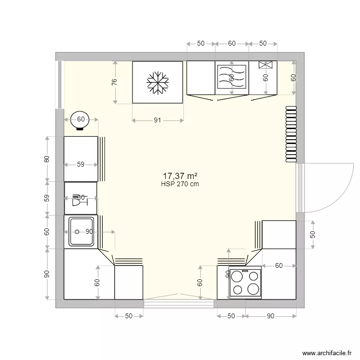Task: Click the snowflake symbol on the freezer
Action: tap(157, 82)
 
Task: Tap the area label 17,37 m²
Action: tap(180, 177)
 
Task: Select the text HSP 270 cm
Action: tap(180, 184)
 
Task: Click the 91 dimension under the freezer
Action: tap(157, 120)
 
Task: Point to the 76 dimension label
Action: tap(114, 82)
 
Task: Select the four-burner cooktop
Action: tap(245, 282)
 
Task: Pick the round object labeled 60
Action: tap(81, 120)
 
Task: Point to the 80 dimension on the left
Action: tap(47, 159)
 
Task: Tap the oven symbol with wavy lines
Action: tap(231, 77)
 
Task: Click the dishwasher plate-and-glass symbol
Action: tap(77, 200)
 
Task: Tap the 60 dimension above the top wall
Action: tap(231, 44)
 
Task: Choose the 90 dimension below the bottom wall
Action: tap(270, 316)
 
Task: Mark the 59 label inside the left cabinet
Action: tap(81, 165)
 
